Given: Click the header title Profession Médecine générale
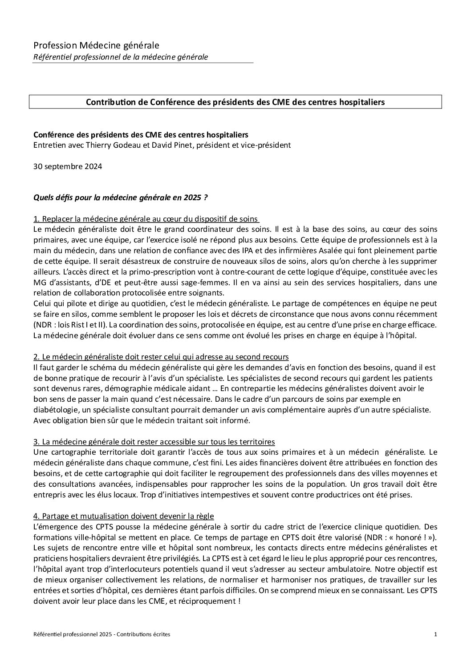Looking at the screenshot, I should click(x=96, y=45).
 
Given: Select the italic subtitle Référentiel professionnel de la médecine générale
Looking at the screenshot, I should click(x=121, y=57).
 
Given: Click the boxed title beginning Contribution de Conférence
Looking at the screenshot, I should click(x=235, y=102).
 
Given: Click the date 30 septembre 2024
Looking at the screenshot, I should click(x=68, y=166).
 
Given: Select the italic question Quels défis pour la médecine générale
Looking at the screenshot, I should click(x=120, y=198).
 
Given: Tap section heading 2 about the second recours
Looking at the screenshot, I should click(x=161, y=357).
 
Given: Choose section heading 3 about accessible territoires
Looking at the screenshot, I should click(x=154, y=441).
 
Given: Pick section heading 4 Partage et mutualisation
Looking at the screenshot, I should click(x=123, y=516).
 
